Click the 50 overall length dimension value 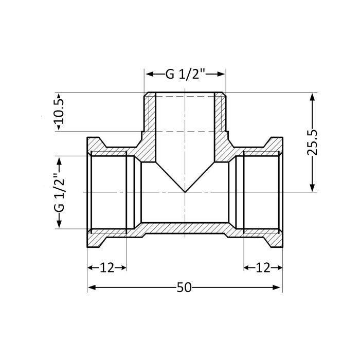[x=184, y=287]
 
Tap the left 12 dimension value [x=106, y=267]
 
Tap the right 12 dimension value [x=263, y=267]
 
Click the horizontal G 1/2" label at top [x=185, y=74]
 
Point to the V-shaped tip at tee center [x=185, y=191]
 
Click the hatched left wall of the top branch [x=150, y=116]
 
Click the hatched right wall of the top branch [x=220, y=116]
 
